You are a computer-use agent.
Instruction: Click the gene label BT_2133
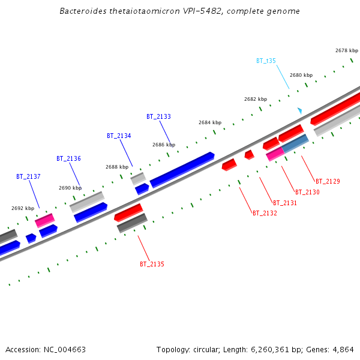(158, 116)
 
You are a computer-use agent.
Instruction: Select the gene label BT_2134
(119, 136)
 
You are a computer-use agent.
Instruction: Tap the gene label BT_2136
(68, 158)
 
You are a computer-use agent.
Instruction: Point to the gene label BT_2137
(28, 177)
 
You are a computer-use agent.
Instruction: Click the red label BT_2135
(152, 264)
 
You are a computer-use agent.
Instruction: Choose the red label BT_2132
(265, 213)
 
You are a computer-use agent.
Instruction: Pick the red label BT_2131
(285, 203)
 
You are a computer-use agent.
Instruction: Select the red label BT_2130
(307, 192)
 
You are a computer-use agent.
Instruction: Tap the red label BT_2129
(328, 181)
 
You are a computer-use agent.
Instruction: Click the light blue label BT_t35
(266, 61)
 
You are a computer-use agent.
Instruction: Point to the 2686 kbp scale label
(163, 145)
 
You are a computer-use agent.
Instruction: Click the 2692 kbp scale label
(22, 208)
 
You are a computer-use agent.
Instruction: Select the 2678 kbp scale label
(346, 51)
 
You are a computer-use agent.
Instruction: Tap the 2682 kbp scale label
(255, 99)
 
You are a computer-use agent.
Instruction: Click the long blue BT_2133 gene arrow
(182, 169)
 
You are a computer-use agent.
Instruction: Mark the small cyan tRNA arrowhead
(300, 111)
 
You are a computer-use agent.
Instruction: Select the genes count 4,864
(343, 349)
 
